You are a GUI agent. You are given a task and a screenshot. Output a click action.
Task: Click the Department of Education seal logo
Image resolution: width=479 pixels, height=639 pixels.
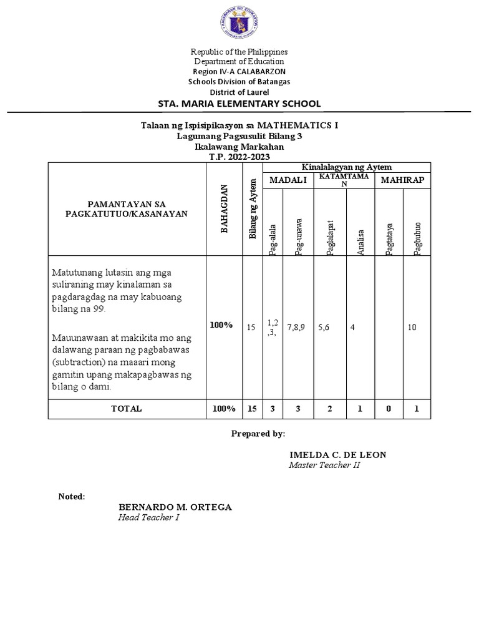click(240, 26)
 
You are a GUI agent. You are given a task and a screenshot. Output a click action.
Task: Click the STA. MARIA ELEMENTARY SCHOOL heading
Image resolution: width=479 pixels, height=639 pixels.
click(240, 104)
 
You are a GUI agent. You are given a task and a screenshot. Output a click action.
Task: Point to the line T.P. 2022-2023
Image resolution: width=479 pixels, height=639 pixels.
click(240, 157)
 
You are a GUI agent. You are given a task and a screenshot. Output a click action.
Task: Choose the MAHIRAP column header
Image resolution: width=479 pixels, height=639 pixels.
click(402, 180)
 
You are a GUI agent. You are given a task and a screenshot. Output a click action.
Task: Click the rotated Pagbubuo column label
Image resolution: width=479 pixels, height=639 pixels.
click(417, 238)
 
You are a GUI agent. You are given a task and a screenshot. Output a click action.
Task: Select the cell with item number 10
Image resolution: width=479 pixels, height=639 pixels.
click(412, 327)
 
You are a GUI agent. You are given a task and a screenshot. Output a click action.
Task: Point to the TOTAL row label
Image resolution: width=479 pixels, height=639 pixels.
click(127, 409)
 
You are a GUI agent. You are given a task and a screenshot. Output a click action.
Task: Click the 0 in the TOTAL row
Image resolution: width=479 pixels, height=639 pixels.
click(388, 409)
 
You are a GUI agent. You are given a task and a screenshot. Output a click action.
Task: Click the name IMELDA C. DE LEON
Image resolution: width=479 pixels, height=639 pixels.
click(337, 455)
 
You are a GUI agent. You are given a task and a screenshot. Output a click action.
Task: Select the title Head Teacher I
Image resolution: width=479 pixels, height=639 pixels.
click(148, 518)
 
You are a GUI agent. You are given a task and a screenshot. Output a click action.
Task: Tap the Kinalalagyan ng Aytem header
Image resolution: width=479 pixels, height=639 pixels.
click(346, 167)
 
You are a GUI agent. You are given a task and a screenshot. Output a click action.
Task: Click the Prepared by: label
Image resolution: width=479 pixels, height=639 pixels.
click(258, 433)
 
